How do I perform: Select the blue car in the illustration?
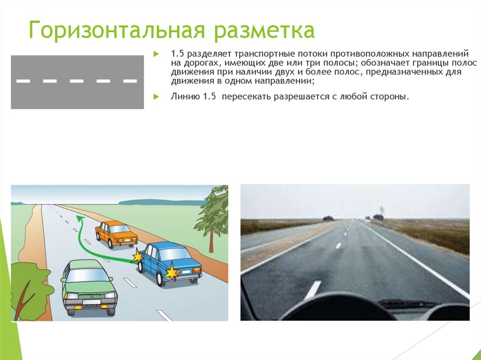(169, 263)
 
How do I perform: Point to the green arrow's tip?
(82, 218)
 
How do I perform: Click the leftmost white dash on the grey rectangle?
(23, 81)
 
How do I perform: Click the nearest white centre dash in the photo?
(312, 289)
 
